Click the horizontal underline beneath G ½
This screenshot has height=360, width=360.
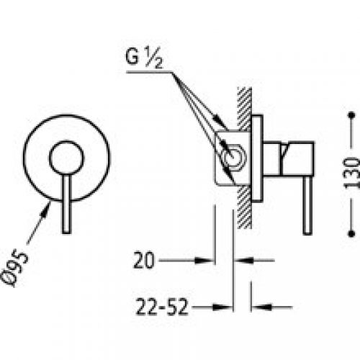click(144, 69)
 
